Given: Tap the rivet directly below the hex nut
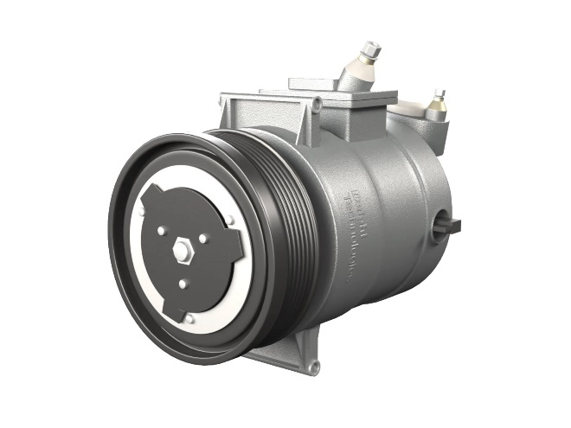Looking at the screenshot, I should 183,283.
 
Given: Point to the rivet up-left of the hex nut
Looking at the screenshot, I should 162,230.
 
